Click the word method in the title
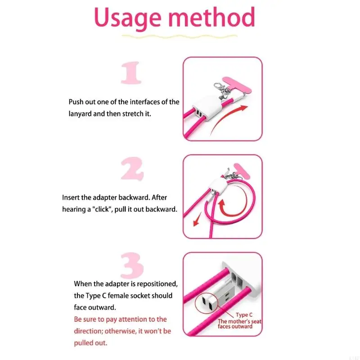pos(211,17)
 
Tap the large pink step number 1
pos(131,73)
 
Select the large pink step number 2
pos(132,169)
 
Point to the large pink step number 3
pos(132,265)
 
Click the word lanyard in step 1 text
pos(80,114)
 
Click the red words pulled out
pos(90,343)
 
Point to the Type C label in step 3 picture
pos(244,315)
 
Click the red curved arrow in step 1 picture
pos(226,118)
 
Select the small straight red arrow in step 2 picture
pos(198,219)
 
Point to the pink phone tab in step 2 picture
pos(242,171)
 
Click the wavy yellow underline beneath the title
pos(179,36)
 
